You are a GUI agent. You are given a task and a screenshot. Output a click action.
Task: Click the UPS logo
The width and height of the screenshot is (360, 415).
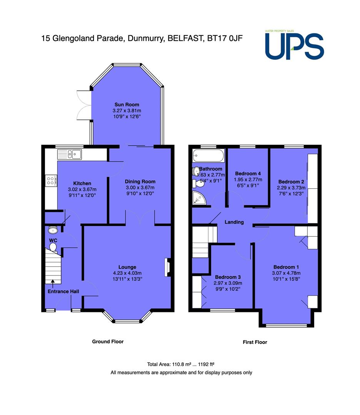pos(294,45)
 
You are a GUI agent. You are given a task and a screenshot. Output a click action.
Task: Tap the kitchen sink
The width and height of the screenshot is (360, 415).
pos(69,154)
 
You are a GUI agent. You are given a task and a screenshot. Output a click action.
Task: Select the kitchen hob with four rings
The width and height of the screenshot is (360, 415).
pos(51,181)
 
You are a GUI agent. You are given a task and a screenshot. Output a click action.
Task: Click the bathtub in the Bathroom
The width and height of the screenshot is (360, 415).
pos(208,155)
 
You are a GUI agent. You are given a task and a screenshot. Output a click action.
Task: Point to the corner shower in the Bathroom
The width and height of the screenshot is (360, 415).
pos(199,198)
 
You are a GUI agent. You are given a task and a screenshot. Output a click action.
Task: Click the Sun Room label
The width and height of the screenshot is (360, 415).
pos(127,105)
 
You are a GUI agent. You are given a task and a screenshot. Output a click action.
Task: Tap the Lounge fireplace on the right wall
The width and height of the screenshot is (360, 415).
pos(168,267)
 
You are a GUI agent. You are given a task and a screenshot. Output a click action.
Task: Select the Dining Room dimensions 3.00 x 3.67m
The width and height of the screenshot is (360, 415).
pos(140,188)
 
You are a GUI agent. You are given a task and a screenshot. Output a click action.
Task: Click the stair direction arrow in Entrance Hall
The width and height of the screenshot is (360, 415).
pos(53,284)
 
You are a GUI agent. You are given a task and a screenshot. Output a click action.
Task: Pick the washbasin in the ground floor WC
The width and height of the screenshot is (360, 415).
pos(53,230)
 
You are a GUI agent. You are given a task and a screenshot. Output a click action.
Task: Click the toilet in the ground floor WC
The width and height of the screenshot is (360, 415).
pos(53,247)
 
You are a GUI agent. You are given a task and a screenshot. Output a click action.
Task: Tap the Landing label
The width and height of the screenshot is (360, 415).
pos(234,222)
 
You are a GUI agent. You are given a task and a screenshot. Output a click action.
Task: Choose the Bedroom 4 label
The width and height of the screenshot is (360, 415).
pos(248,174)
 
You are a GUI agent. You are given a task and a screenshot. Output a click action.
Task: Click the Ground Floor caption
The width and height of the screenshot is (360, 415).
pos(108,342)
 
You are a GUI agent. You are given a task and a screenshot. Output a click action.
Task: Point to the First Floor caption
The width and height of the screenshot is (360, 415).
pos(255,342)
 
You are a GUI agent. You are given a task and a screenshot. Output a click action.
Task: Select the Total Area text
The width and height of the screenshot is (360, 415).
pos(181,364)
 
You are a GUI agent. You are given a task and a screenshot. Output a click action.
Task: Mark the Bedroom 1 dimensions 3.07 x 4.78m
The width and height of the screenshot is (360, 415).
pos(286,273)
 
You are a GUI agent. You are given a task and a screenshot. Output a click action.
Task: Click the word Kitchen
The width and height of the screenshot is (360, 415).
pos(82,183)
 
